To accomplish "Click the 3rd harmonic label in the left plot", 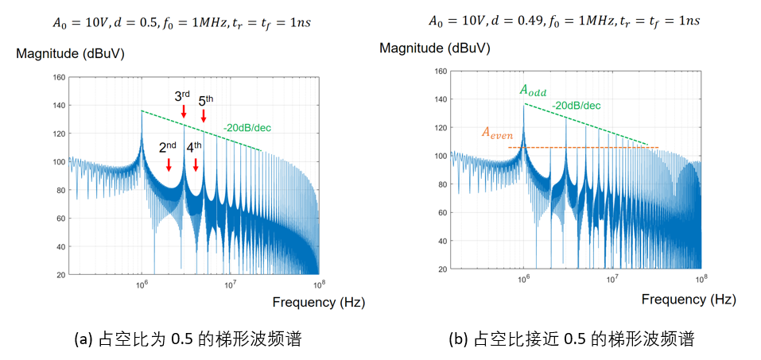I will [182, 97].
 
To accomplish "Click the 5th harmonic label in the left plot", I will [205, 101].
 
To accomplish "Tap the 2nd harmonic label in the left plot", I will [167, 147].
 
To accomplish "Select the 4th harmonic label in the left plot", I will [194, 147].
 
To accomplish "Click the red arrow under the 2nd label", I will [169, 164].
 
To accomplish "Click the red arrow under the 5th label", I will [204, 116].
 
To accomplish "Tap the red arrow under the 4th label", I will [196, 164].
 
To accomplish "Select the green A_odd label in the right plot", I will [534, 91].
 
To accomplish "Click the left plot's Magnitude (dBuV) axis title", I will [68, 54].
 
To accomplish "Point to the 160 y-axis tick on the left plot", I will [58, 77].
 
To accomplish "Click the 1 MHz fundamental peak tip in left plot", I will [142, 111].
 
